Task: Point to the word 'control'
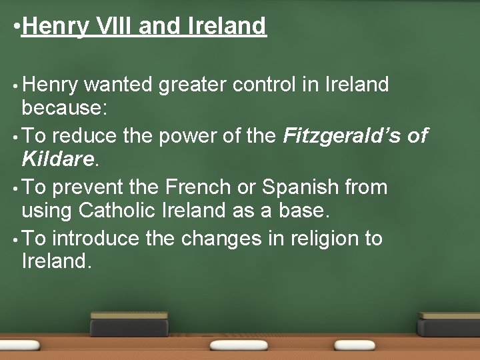point(279,85)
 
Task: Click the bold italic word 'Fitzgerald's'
point(340,137)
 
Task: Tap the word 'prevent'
point(90,187)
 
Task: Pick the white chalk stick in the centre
point(239,346)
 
